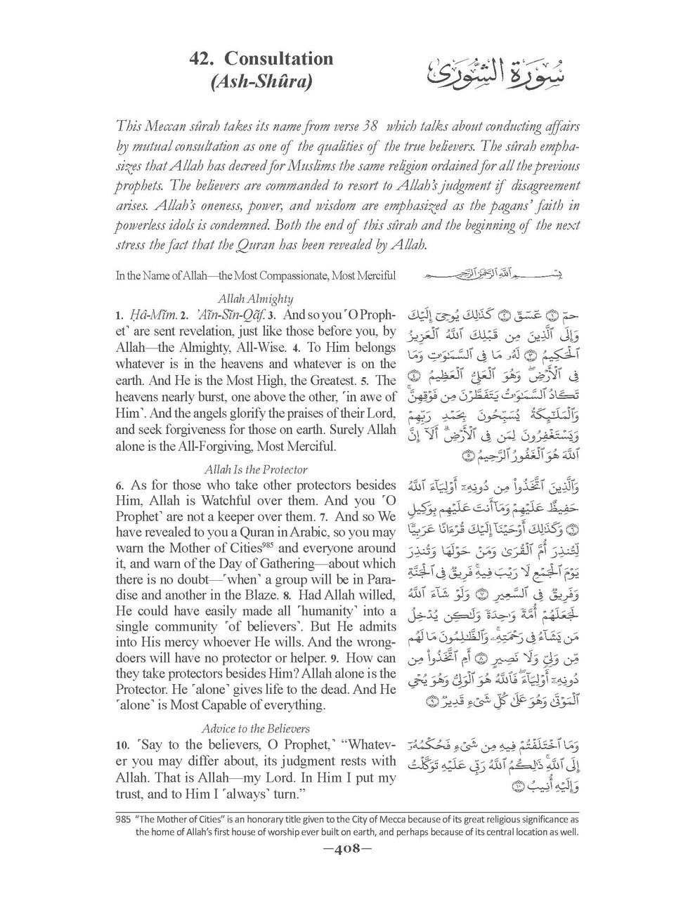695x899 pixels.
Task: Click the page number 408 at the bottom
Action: pos(348,869)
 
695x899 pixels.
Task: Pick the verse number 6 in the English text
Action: pos(120,484)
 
